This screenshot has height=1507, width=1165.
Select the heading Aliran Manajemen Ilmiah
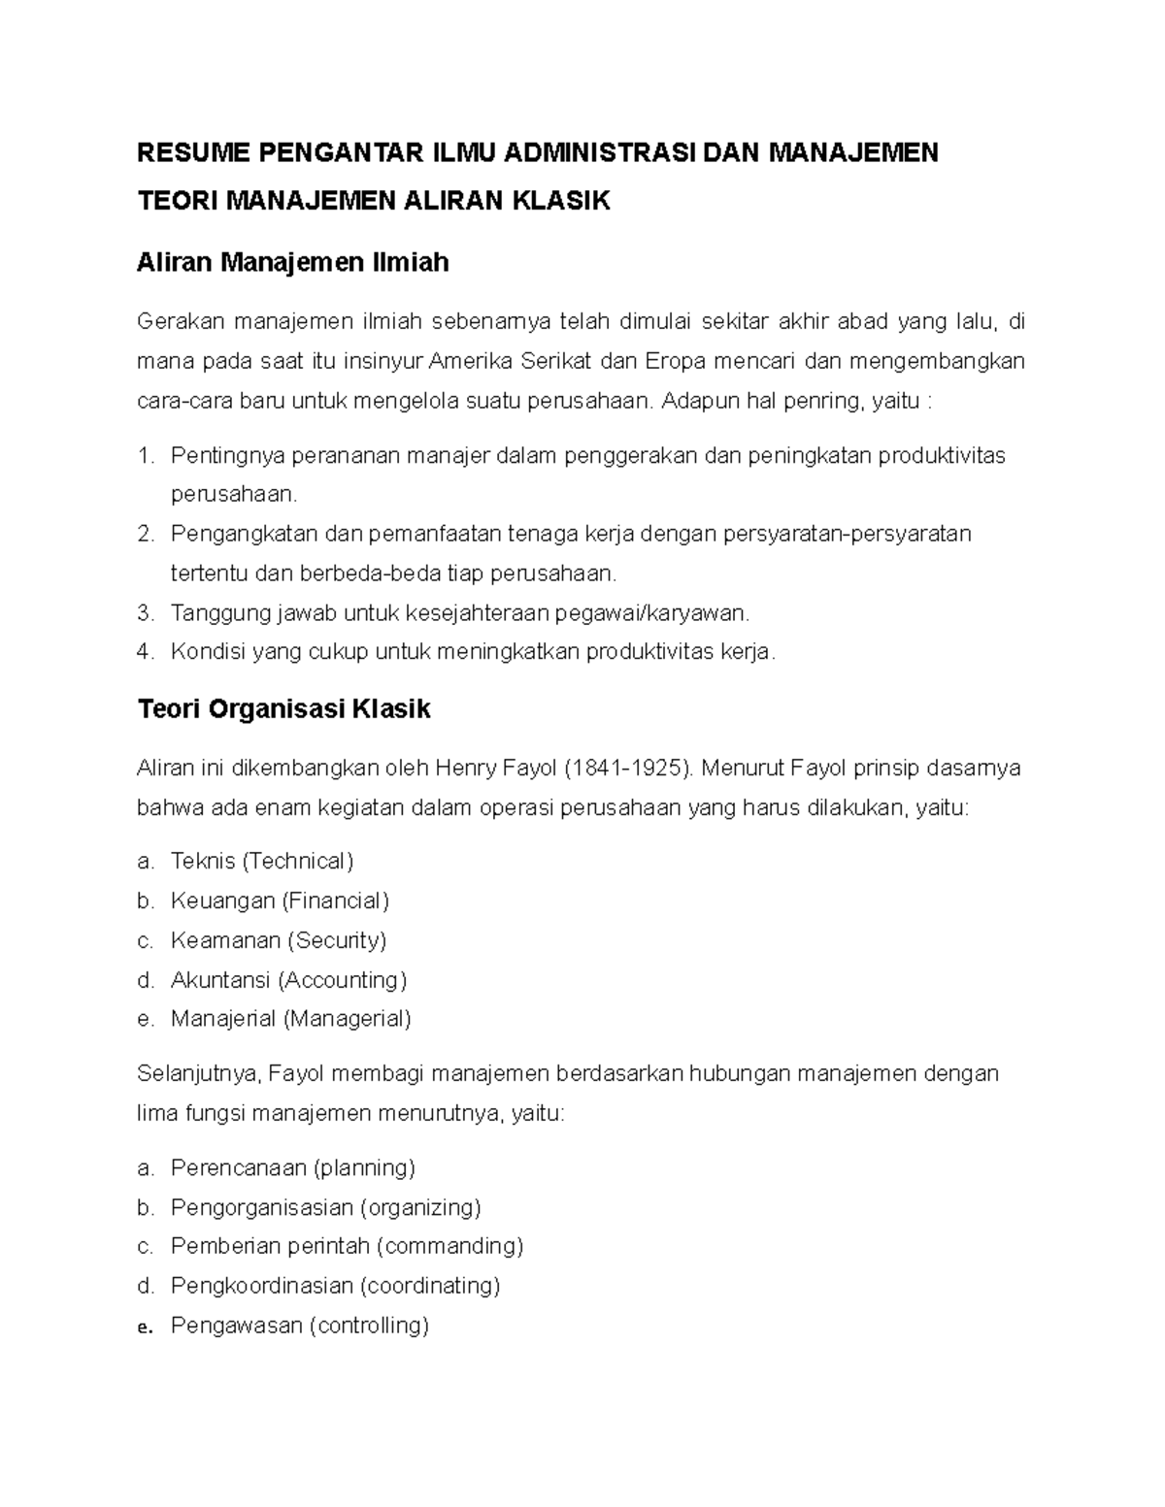(293, 262)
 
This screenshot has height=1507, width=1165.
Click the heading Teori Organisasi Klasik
(284, 709)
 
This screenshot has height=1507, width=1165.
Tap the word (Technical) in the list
(297, 861)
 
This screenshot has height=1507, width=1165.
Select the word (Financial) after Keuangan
(336, 901)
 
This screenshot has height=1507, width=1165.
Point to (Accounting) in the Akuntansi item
(342, 980)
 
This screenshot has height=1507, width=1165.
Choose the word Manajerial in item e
(223, 1019)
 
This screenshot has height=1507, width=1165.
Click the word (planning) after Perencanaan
(364, 1167)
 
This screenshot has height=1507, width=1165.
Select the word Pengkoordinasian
(261, 1286)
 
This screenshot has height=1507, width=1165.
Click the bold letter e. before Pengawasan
(146, 1327)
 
